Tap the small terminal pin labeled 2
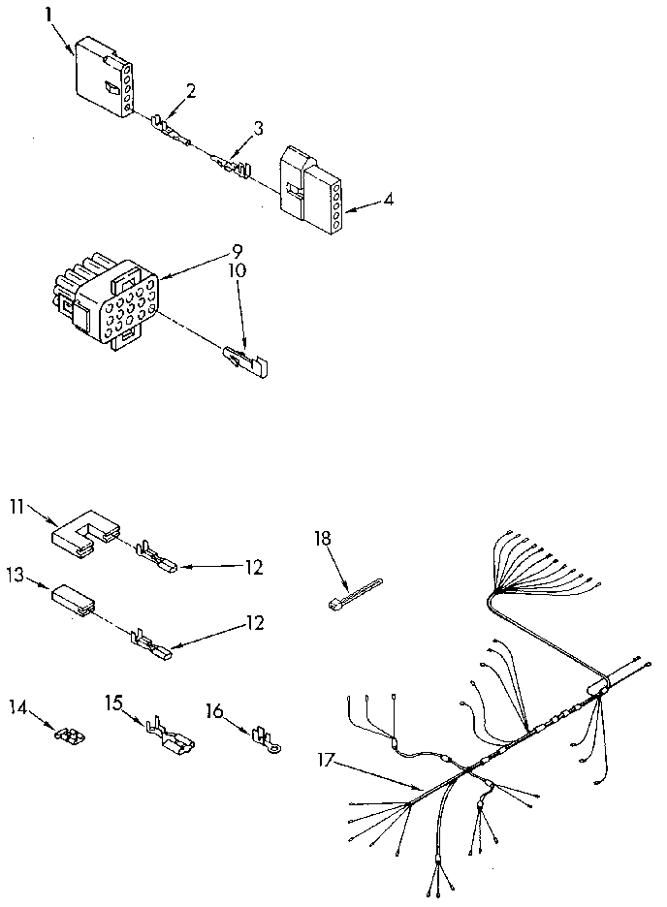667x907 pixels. pos(169,130)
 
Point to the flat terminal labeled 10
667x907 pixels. pos(246,360)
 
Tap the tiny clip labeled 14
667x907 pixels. pos(68,735)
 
